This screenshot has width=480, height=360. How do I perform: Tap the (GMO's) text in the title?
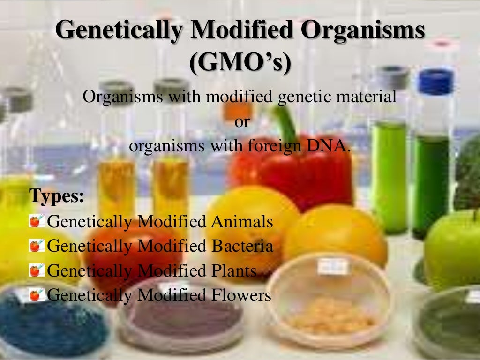[240, 63]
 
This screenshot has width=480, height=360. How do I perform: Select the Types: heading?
[57, 196]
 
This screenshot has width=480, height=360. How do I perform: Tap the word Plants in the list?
[232, 271]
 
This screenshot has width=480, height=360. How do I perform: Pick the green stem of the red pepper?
[286, 122]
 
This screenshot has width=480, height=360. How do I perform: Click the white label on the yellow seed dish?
[333, 266]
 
